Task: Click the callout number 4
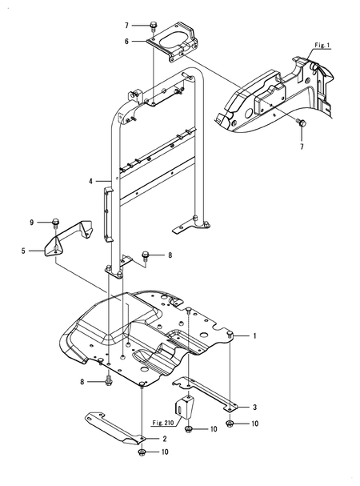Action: coord(93,182)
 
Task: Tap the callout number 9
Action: coord(32,222)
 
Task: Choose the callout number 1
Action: coord(255,336)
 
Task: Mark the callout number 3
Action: coord(255,408)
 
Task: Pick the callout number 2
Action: coord(164,439)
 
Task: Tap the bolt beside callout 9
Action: coord(55,222)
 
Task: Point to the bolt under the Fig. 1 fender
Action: coord(300,124)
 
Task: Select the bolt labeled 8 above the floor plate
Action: coord(146,255)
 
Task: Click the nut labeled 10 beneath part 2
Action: coord(142,452)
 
